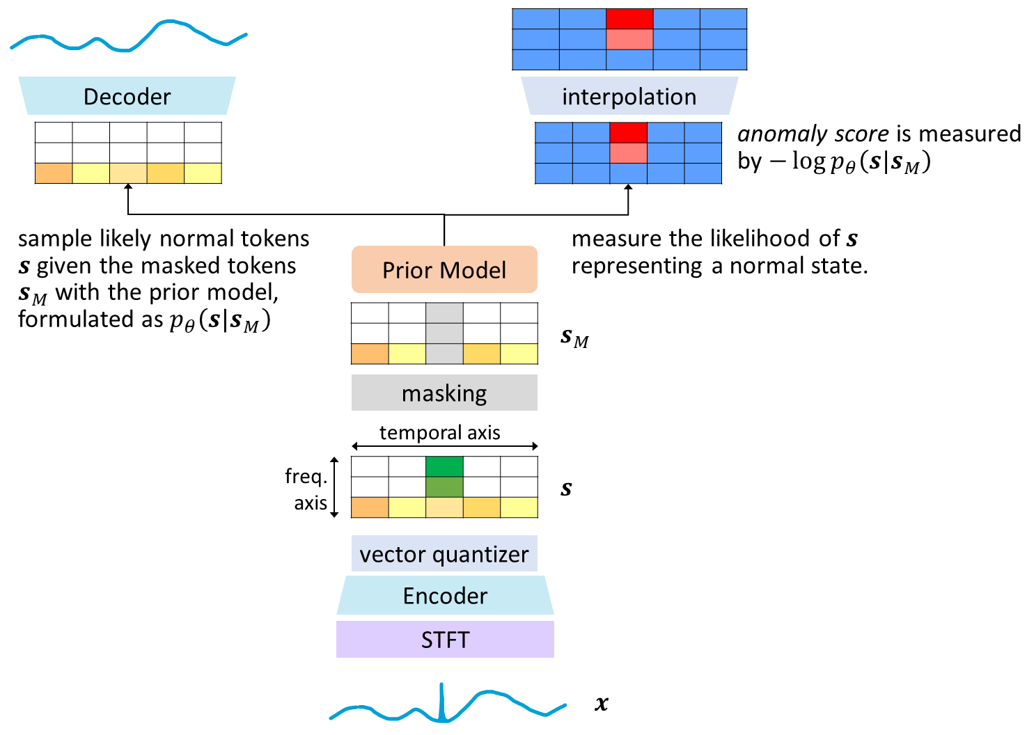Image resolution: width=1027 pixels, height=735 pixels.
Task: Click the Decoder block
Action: [x=127, y=96]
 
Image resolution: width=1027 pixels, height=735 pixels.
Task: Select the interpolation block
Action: [x=629, y=96]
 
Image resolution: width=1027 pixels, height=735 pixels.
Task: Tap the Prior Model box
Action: [x=444, y=269]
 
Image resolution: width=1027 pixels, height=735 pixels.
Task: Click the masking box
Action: [x=444, y=393]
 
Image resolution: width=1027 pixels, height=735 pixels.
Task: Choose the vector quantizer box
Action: [x=444, y=554]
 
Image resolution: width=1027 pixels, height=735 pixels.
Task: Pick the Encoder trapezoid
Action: [x=445, y=596]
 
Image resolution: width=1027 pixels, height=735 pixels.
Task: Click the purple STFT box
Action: [x=445, y=640]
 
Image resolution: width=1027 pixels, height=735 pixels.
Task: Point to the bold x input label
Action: [x=602, y=704]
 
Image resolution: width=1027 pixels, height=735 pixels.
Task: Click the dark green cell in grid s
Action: [x=444, y=466]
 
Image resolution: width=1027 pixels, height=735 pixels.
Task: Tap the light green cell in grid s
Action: [x=444, y=487]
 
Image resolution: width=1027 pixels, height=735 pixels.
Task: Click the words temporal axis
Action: [x=439, y=433]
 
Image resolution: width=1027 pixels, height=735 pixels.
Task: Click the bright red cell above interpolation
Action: [x=629, y=19]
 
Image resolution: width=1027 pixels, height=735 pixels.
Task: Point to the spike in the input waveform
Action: [x=441, y=700]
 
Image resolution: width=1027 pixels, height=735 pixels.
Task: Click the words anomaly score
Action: [x=813, y=134]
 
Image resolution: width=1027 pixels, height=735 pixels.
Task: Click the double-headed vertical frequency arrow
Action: [x=334, y=487]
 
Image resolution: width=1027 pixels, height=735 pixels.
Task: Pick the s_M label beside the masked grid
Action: [x=574, y=338]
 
